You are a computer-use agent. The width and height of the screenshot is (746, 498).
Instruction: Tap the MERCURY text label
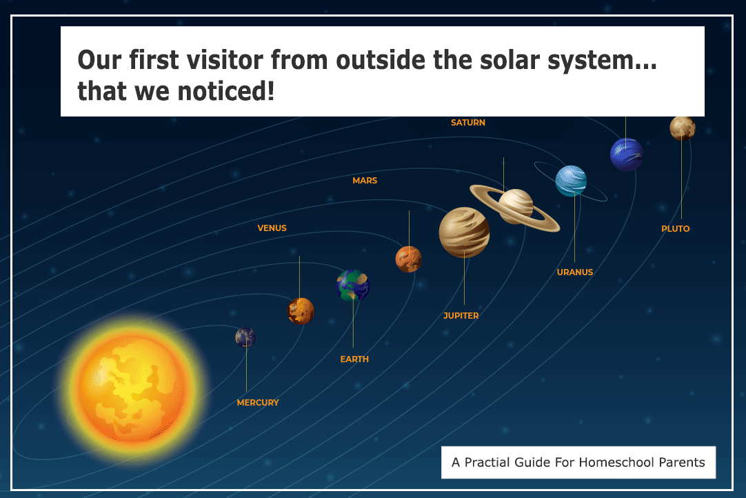point(258,403)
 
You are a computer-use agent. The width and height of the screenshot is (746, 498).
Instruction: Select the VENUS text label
point(272,228)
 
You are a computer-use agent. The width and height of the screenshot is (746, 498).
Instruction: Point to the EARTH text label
point(354,359)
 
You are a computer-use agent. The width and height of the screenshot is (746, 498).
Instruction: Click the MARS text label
point(365,181)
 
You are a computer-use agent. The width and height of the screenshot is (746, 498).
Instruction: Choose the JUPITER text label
point(461,316)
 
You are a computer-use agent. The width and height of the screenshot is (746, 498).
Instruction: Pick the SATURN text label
point(468,123)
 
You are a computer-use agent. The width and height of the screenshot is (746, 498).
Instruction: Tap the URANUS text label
point(575,272)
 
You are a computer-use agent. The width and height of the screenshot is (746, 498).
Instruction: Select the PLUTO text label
point(675,229)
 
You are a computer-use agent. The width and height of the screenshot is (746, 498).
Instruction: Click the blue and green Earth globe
point(353,286)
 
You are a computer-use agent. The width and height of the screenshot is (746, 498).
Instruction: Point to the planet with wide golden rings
point(516,206)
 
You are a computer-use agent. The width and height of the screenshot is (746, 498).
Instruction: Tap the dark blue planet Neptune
point(626,155)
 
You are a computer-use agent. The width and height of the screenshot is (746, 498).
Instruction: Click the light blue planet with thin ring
point(571,181)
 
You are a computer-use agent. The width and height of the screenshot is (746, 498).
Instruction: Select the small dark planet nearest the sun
point(245,337)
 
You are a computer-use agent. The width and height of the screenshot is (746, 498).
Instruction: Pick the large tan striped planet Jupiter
point(464,232)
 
